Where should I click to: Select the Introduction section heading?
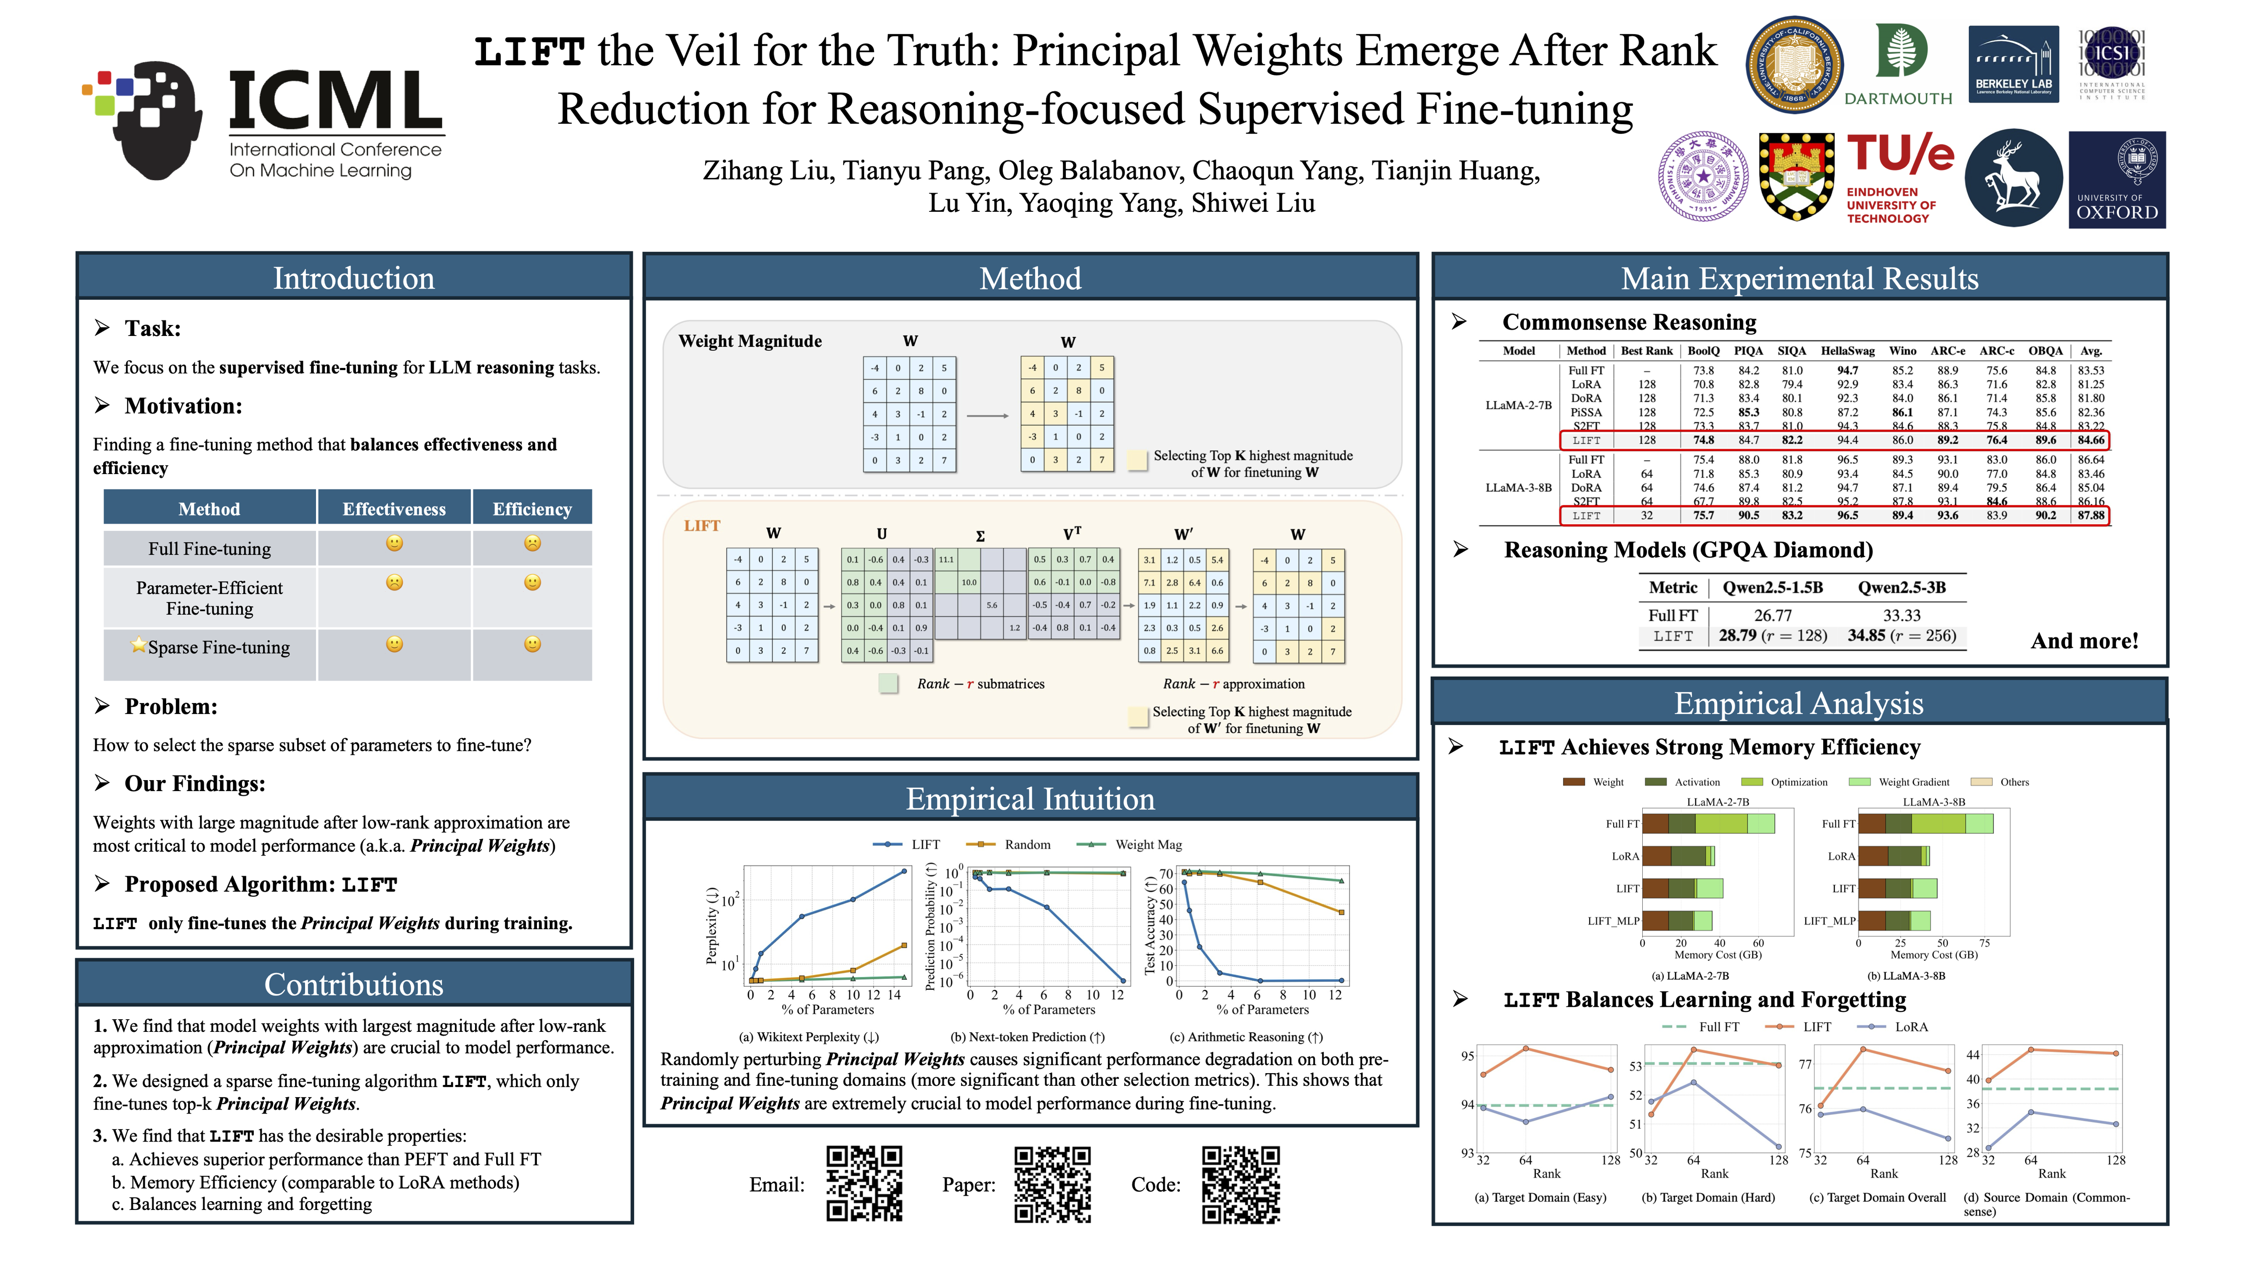(354, 278)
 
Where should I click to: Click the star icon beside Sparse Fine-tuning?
(138, 645)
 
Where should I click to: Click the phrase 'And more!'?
(2084, 642)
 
